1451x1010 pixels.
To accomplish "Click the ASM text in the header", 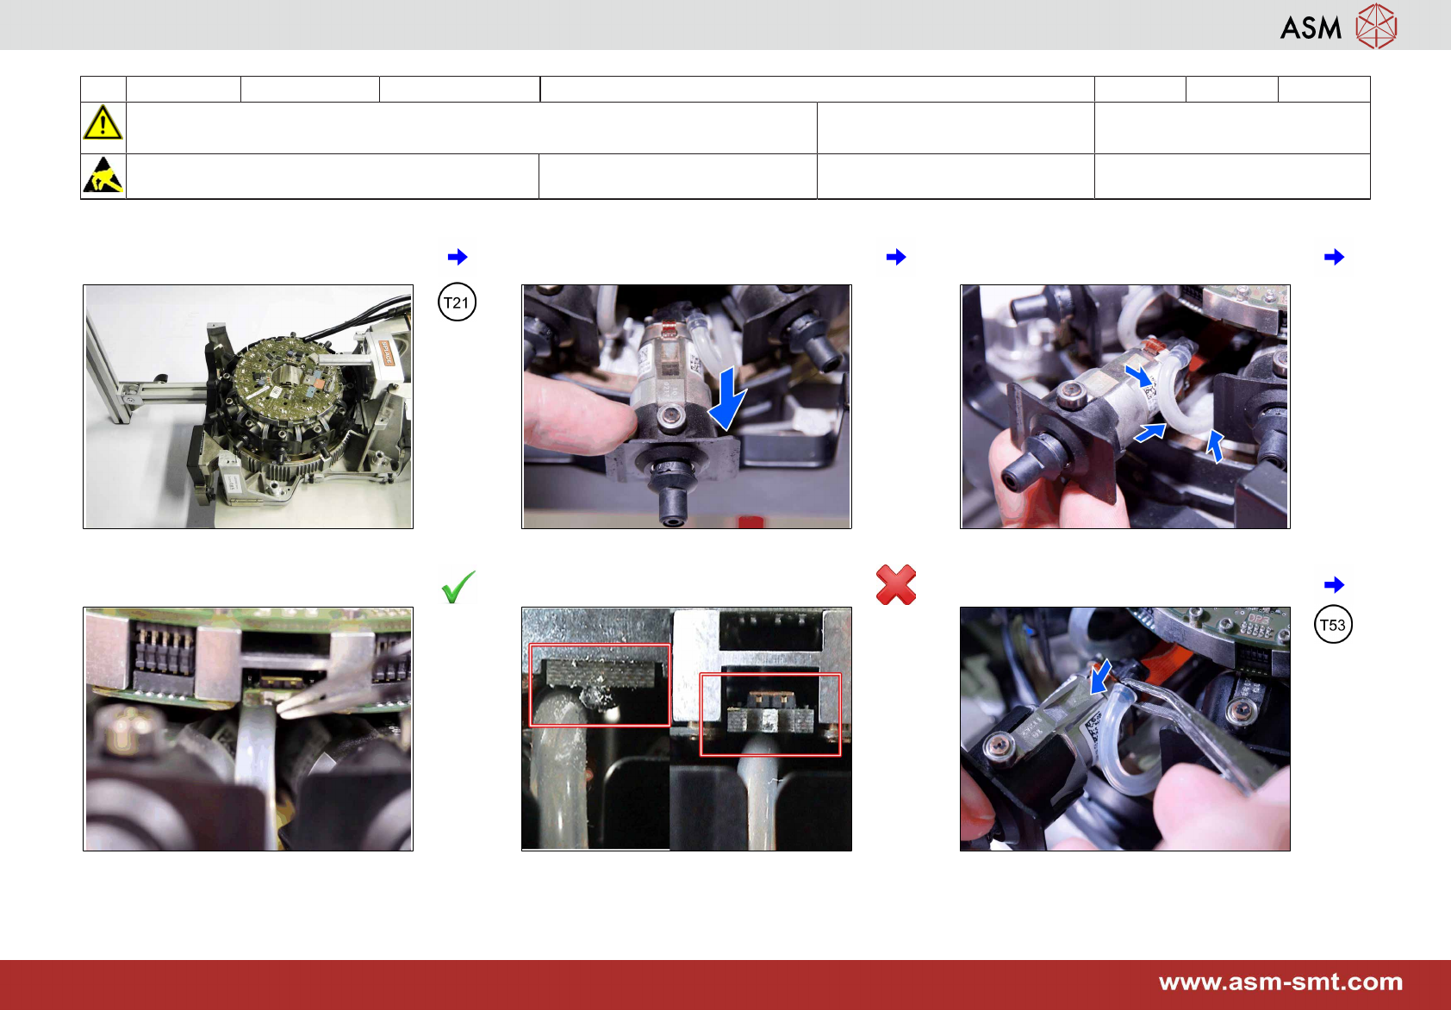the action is (x=1311, y=28).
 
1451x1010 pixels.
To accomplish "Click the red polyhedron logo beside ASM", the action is (x=1377, y=26).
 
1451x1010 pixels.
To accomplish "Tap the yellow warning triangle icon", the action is (x=103, y=122).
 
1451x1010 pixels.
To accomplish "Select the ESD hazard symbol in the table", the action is (x=103, y=175).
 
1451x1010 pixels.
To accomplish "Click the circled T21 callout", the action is (x=457, y=302).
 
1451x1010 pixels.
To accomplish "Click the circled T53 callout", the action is (x=1333, y=625).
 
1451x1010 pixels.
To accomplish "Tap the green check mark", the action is (x=458, y=587).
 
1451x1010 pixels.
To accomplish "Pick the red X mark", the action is (x=896, y=585).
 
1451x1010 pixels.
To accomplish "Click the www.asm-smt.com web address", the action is (x=1280, y=982).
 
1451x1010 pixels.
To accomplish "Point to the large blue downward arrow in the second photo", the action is (x=727, y=398).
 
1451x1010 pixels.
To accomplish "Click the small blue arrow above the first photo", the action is (x=458, y=257).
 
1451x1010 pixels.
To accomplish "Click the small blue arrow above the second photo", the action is (x=896, y=257).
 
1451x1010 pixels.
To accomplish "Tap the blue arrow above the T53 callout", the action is (x=1334, y=585).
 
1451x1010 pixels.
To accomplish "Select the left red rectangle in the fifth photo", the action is (x=600, y=685).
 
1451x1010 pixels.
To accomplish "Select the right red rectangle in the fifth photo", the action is (x=770, y=714).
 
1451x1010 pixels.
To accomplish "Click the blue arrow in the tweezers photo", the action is (x=1100, y=677).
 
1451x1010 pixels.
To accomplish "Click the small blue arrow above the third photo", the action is (x=1334, y=257).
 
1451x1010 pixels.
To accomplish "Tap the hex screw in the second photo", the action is (x=671, y=415).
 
